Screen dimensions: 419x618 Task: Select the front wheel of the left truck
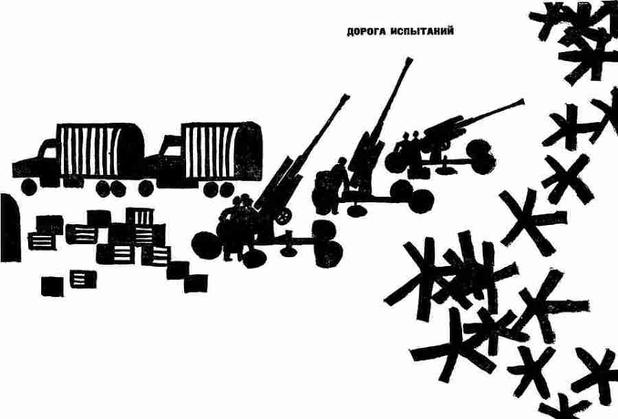29,186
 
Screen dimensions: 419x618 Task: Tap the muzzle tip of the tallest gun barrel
411,60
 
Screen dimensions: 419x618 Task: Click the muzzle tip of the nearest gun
347,97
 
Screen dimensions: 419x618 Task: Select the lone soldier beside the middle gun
336,185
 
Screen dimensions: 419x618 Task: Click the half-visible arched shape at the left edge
7,219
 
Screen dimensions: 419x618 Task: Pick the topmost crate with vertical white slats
141,217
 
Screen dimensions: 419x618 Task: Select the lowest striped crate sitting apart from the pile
82,278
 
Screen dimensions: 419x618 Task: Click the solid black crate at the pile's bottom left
51,285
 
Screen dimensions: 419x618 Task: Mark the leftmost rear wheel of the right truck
147,188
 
